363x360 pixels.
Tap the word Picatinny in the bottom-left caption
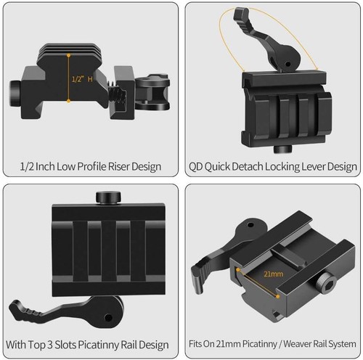[98, 344]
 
